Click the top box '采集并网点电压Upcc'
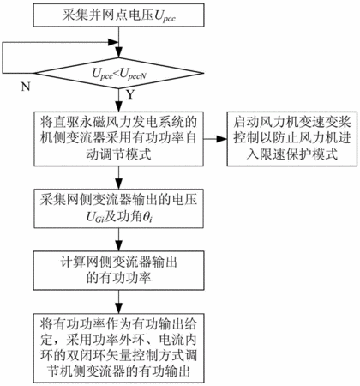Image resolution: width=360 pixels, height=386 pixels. click(x=118, y=15)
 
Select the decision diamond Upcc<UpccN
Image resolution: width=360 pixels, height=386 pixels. click(x=118, y=73)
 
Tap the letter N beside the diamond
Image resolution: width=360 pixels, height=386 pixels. click(x=26, y=86)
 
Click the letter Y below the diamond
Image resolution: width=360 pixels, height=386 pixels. click(x=130, y=94)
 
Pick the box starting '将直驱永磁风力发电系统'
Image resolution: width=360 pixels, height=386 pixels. click(x=118, y=139)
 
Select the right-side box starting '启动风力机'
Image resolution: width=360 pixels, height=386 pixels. click(x=292, y=139)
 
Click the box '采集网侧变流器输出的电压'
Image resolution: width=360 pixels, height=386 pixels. click(x=118, y=208)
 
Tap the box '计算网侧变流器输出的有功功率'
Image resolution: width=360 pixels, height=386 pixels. click(x=118, y=270)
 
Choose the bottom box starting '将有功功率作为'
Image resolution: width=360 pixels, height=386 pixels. click(x=118, y=348)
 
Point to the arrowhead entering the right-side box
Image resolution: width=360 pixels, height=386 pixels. click(x=222, y=139)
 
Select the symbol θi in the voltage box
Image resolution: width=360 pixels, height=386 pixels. click(x=148, y=218)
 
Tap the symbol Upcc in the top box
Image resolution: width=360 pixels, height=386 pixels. click(x=165, y=16)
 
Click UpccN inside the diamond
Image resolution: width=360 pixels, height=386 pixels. click(x=133, y=74)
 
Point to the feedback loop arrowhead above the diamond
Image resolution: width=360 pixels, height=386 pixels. click(x=112, y=43)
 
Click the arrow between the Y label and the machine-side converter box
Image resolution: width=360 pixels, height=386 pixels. click(x=118, y=100)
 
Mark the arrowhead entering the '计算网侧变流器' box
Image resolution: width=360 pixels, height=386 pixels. click(x=118, y=246)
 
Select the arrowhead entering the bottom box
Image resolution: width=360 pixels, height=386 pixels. click(x=118, y=308)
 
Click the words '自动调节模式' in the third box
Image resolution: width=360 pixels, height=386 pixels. click(x=118, y=155)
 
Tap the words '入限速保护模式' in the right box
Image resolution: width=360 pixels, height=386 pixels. click(x=292, y=154)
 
